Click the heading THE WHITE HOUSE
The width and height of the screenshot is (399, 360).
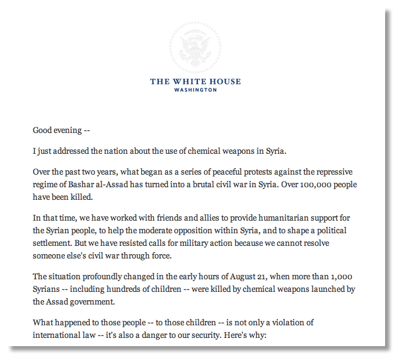[x=195, y=81]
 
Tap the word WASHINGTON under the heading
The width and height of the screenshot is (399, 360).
[x=195, y=90]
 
